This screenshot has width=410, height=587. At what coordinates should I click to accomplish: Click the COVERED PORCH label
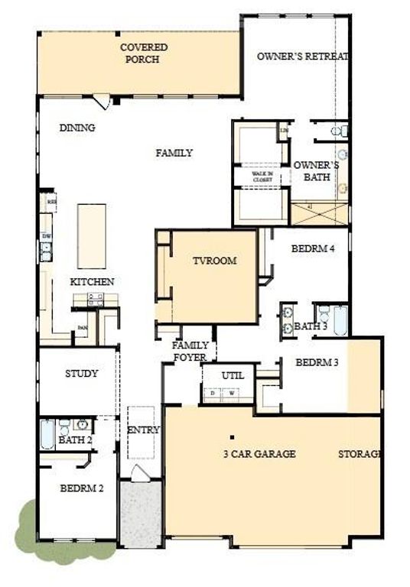[144, 53]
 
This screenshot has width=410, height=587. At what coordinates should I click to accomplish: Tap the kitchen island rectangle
[91, 236]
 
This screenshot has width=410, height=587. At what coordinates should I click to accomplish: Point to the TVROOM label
[214, 261]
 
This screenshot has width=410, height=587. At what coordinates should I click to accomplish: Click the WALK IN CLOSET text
[262, 177]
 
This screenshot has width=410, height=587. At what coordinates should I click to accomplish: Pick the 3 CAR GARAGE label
[259, 454]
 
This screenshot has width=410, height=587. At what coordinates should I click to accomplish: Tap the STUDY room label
[81, 374]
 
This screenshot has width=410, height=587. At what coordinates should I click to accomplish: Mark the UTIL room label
[233, 376]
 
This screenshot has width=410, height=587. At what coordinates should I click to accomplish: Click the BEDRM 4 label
[313, 248]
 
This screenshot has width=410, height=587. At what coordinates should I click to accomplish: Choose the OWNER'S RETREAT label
[303, 57]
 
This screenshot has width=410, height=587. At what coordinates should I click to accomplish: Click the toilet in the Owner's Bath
[337, 131]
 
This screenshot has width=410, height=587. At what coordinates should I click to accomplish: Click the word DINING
[77, 128]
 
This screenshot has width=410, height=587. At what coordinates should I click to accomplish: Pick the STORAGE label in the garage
[360, 454]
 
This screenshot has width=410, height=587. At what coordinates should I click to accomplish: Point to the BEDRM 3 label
[317, 362]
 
